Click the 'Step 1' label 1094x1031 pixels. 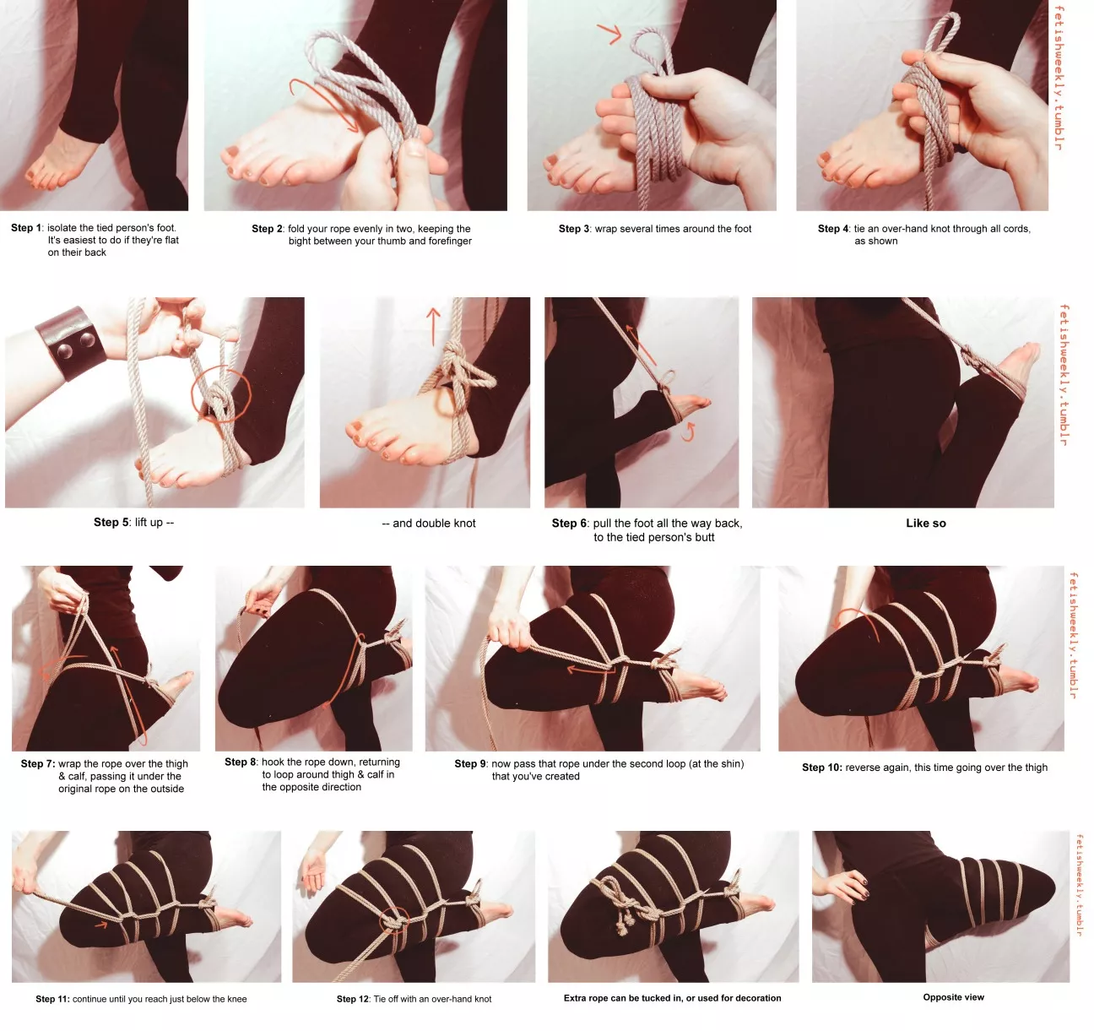point(26,228)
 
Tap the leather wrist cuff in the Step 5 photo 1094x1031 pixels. point(72,343)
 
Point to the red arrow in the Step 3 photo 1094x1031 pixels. point(609,34)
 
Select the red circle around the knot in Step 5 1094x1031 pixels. point(221,394)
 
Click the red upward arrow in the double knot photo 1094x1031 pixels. point(434,326)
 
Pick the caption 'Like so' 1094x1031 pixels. point(925,524)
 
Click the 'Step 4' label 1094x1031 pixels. point(833,229)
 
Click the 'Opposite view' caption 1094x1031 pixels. point(953,997)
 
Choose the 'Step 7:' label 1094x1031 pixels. point(37,763)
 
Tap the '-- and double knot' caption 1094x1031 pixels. point(429,524)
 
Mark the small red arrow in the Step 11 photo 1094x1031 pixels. point(100,925)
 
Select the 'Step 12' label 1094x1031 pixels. point(353,999)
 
